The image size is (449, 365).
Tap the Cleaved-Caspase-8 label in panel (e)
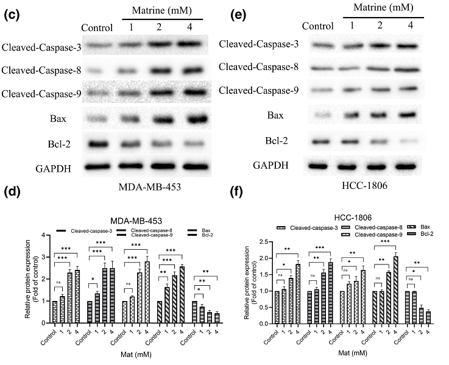point(259,66)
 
